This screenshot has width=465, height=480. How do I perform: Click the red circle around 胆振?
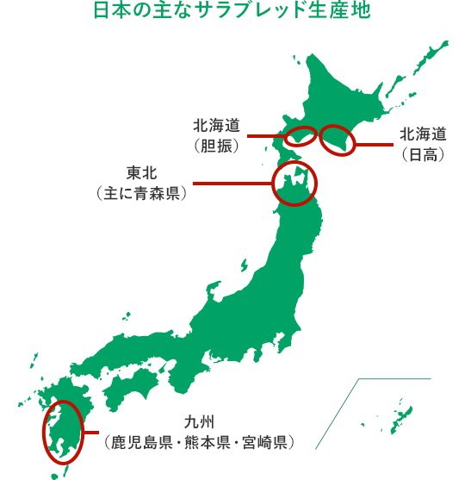pyautogui.click(x=301, y=135)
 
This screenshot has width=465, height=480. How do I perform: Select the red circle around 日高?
pyautogui.click(x=338, y=140)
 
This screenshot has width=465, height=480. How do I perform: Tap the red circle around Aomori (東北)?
pyautogui.click(x=294, y=183)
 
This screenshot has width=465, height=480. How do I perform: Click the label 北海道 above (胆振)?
pyautogui.click(x=216, y=126)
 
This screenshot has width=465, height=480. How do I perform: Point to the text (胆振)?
pyautogui.click(x=216, y=146)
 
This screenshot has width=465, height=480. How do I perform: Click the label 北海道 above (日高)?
pyautogui.click(x=423, y=134)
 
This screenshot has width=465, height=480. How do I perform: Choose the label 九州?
pyautogui.click(x=198, y=422)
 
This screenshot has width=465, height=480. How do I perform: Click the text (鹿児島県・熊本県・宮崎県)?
pyautogui.click(x=198, y=442)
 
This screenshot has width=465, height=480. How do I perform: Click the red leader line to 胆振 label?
pyautogui.click(x=266, y=136)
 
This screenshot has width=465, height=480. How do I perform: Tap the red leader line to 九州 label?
pyautogui.click(x=90, y=432)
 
